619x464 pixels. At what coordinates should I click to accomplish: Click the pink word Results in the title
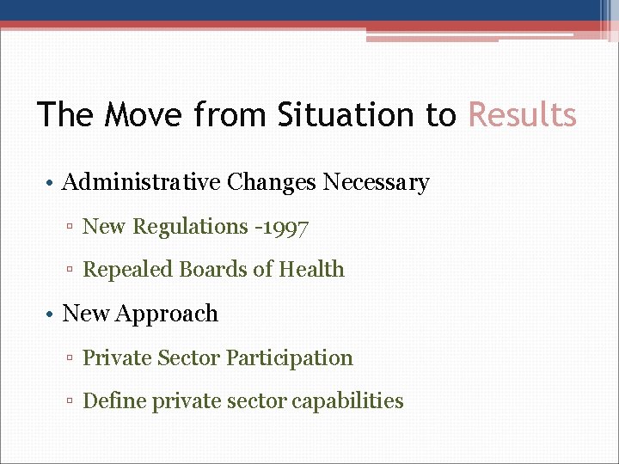pyautogui.click(x=522, y=114)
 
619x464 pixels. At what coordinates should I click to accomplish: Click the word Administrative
pyautogui.click(x=142, y=182)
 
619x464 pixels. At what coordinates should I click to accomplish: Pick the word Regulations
pyautogui.click(x=190, y=227)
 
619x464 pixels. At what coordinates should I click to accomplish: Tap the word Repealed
pyautogui.click(x=127, y=270)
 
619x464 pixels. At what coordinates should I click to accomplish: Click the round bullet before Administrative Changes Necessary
pyautogui.click(x=52, y=183)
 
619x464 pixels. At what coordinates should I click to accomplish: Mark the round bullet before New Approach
pyautogui.click(x=52, y=314)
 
